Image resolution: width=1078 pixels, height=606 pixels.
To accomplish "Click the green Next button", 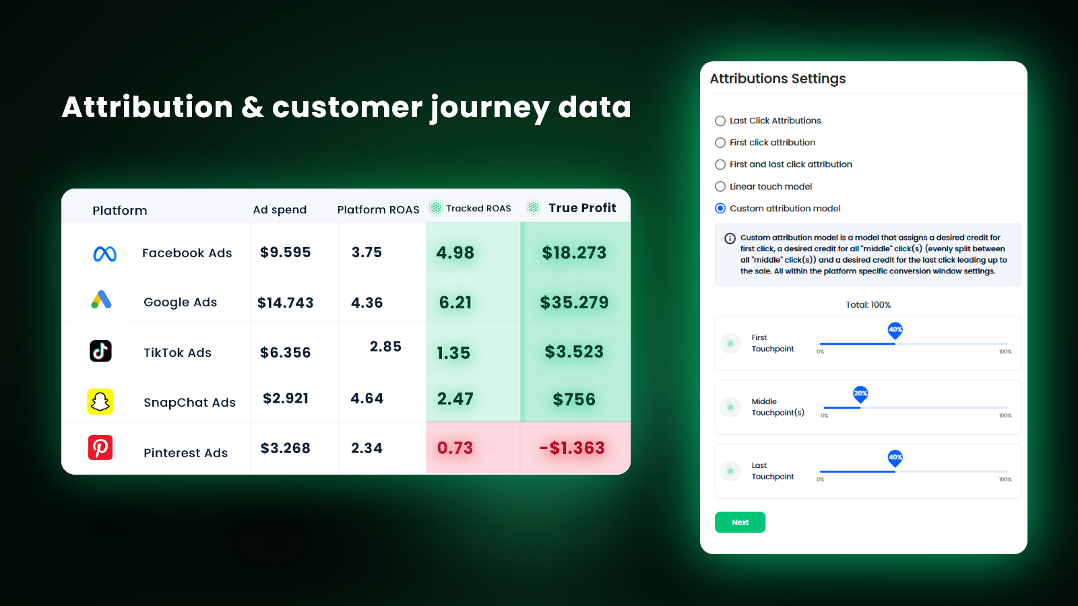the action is (x=740, y=522).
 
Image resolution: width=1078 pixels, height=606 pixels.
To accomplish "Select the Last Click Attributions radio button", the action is (x=720, y=121).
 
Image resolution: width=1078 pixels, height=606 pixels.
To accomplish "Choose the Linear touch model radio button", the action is (x=720, y=186).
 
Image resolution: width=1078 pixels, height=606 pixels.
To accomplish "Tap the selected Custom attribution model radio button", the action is (x=720, y=208).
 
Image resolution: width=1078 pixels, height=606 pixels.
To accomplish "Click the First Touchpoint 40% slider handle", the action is (x=895, y=331).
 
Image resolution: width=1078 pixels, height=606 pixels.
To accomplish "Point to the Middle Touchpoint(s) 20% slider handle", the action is (x=860, y=395).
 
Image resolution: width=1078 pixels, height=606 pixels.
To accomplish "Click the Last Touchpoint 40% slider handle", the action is (x=895, y=459).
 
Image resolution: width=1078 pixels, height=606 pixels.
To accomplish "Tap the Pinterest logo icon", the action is (x=100, y=447).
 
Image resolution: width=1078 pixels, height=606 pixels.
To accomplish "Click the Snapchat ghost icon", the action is (x=100, y=401).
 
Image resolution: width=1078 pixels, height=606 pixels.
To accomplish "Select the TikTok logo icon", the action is (x=100, y=351).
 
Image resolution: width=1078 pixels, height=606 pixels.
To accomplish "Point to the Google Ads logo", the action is (x=102, y=300).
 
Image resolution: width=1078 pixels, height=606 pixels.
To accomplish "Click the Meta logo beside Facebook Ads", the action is (x=104, y=254).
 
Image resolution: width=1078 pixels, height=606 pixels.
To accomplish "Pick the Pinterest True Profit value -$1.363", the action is (x=572, y=448).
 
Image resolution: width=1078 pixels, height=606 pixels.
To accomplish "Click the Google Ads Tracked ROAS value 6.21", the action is (x=455, y=302).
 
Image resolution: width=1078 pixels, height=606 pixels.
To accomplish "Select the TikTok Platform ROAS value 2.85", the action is (x=385, y=346).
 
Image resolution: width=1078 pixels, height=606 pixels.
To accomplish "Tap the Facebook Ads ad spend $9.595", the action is (x=286, y=252).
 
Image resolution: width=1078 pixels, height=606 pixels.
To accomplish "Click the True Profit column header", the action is (x=582, y=208).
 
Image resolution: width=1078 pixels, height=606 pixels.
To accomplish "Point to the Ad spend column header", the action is (x=280, y=209).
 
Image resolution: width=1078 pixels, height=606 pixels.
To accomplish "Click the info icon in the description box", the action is (x=730, y=238).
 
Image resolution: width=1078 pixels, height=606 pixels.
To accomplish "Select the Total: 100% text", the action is (x=868, y=305).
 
